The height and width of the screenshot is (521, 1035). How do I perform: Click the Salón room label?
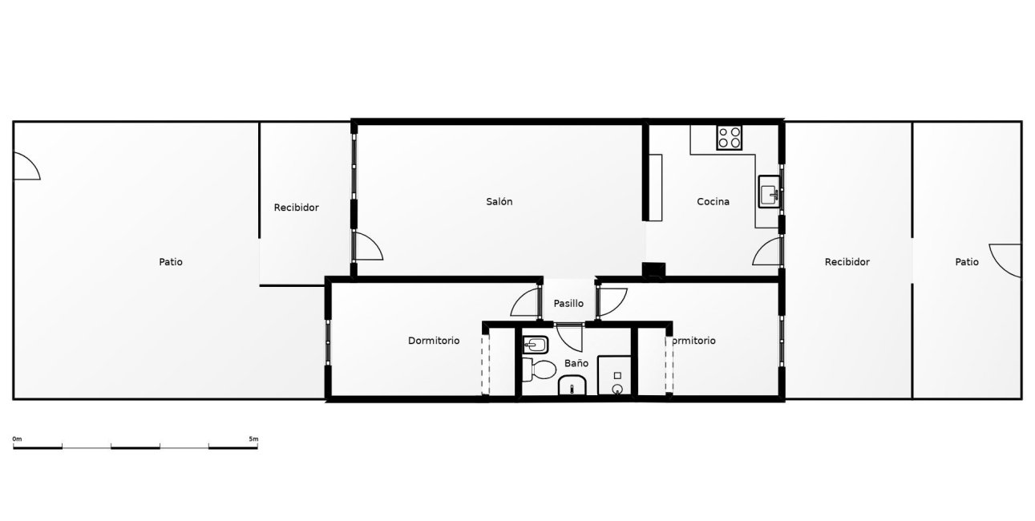click(x=499, y=202)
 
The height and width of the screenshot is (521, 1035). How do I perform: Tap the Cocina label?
click(x=713, y=202)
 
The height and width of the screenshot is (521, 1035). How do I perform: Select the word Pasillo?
click(x=568, y=304)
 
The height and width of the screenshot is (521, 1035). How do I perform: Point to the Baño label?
click(x=576, y=363)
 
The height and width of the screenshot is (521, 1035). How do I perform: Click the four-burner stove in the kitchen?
click(x=730, y=137)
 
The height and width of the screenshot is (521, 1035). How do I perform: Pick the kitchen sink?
click(x=769, y=193)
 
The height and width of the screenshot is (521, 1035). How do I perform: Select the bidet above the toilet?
click(x=535, y=345)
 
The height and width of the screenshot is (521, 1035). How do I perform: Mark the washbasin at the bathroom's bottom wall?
click(x=572, y=388)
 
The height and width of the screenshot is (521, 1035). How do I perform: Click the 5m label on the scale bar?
click(x=253, y=439)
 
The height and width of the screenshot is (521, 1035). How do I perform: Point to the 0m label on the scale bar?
click(x=17, y=439)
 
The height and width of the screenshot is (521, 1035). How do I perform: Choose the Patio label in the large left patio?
click(x=171, y=262)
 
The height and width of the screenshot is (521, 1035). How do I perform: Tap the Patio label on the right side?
click(x=967, y=262)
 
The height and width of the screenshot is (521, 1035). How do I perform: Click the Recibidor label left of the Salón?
click(x=296, y=208)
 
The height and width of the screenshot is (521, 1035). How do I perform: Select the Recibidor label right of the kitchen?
click(x=847, y=262)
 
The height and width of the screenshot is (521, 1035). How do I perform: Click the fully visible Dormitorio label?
click(x=434, y=341)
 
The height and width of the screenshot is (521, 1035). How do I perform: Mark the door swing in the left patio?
click(x=26, y=167)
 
